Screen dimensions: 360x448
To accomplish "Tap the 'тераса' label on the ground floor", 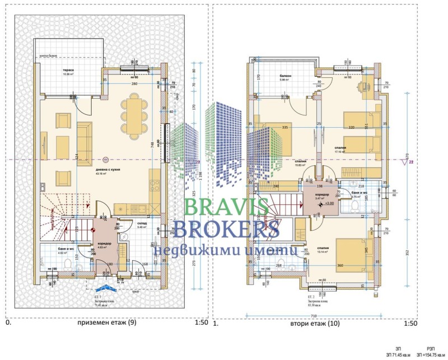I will pyautogui.click(x=69, y=69).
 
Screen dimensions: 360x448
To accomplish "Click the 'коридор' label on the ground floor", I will pyautogui.click(x=106, y=244).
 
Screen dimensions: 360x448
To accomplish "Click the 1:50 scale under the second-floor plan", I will pyautogui.click(x=410, y=323).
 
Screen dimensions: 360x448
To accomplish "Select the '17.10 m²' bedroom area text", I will pyautogui.click(x=342, y=151).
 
